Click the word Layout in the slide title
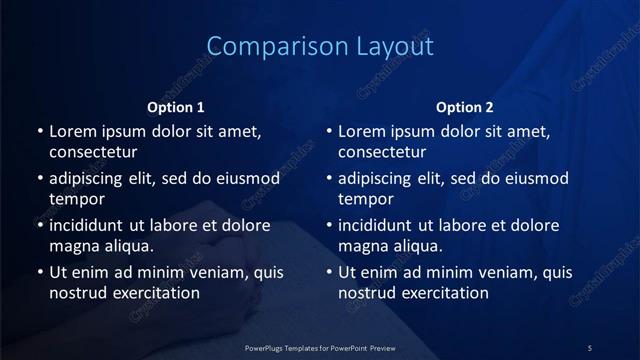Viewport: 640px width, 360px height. click(396, 46)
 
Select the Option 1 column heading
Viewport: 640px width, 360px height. click(176, 107)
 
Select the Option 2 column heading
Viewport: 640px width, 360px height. click(465, 107)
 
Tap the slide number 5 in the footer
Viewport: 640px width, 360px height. click(590, 347)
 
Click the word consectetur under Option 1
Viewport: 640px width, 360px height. click(93, 152)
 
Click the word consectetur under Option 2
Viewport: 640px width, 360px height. click(382, 152)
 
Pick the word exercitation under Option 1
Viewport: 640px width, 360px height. click(150, 293)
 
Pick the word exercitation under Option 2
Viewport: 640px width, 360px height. click(439, 293)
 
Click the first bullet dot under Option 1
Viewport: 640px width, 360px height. click(40, 131)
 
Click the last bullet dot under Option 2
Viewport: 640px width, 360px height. click(329, 272)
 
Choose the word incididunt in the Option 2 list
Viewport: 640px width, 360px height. click(381, 226)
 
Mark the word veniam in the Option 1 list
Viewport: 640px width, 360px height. click(205, 272)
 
